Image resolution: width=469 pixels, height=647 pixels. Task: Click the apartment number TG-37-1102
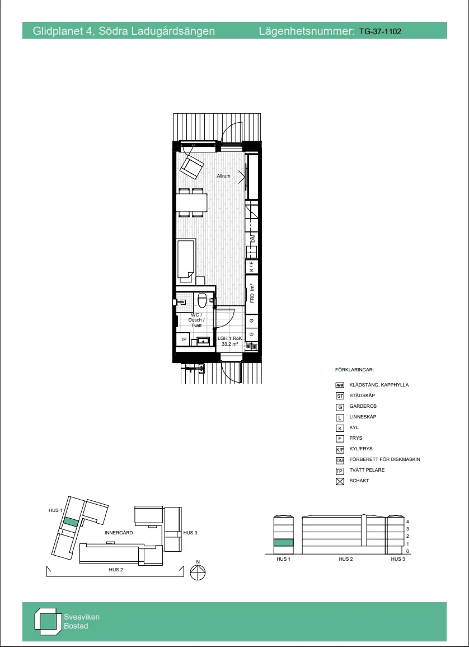click(x=380, y=32)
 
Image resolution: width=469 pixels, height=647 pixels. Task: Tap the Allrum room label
click(x=224, y=176)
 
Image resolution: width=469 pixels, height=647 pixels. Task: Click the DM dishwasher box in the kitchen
click(x=252, y=240)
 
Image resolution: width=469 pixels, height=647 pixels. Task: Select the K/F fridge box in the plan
click(x=252, y=266)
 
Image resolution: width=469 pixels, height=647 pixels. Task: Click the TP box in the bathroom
click(x=183, y=339)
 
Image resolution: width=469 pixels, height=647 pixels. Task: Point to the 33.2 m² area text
click(x=230, y=345)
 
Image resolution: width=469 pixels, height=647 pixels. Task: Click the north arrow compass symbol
click(x=198, y=573)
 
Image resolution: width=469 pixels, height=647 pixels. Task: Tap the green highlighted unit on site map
click(x=71, y=522)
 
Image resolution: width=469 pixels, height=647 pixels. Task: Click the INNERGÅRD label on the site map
click(x=119, y=533)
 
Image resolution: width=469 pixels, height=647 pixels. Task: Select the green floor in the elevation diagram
click(x=283, y=543)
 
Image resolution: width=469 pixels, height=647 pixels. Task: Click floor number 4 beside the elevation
click(x=408, y=521)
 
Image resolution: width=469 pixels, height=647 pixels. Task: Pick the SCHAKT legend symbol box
click(x=339, y=481)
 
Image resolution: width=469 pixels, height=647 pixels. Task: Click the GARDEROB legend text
click(x=363, y=406)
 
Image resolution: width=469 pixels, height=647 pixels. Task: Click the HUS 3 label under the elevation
click(x=397, y=559)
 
